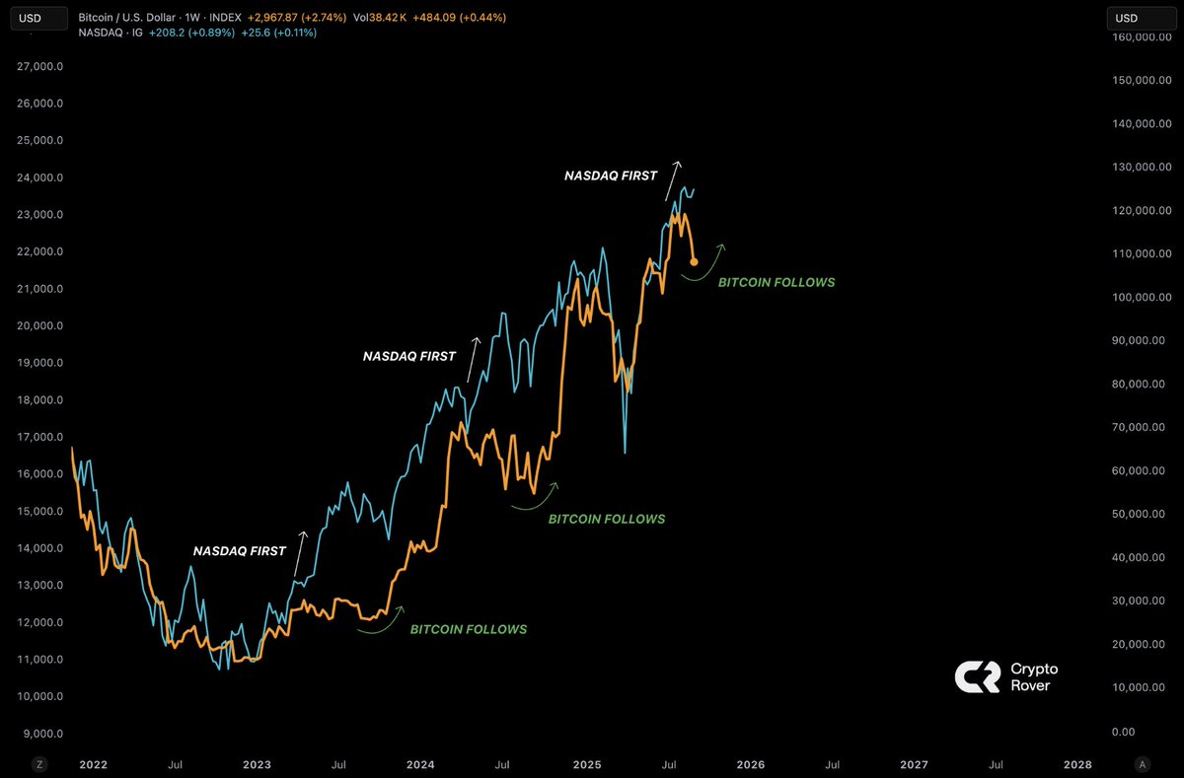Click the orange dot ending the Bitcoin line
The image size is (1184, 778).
coord(694,261)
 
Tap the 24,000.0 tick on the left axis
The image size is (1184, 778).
coord(42,177)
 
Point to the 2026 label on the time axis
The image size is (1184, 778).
coord(750,764)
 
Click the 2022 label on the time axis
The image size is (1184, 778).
coord(93,764)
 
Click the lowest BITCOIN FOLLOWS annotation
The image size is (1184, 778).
coord(469,629)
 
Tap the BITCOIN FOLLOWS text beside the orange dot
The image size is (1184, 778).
coord(777,282)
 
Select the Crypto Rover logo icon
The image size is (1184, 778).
coord(977,676)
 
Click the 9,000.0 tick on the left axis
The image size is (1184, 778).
coord(42,734)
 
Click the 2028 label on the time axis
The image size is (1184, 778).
coord(1077,764)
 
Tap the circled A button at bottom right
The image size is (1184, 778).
coord(1142,764)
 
